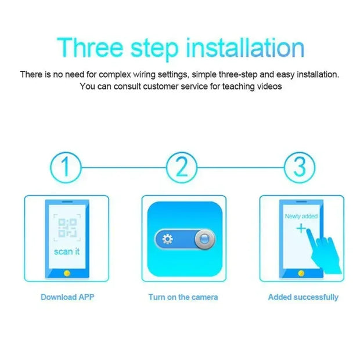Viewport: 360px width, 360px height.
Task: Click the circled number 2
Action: [182, 168]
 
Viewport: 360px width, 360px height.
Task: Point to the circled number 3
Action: [300, 168]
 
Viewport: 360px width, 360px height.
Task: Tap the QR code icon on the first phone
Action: [67, 228]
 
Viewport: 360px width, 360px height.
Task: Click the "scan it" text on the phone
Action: [67, 251]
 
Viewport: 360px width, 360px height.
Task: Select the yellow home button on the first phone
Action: [67, 272]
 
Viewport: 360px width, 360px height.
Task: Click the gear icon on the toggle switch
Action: [167, 239]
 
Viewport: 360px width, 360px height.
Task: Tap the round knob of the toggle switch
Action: [203, 239]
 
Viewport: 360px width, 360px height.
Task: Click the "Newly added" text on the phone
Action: [301, 216]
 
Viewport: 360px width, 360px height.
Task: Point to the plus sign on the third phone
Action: [300, 228]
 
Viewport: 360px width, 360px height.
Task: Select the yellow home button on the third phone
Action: [301, 272]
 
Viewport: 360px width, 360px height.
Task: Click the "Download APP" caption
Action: [67, 297]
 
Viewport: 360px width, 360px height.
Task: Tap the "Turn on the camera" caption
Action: [183, 297]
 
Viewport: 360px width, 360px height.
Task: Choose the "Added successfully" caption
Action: [303, 297]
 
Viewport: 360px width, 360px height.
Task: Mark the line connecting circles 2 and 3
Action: [241, 168]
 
